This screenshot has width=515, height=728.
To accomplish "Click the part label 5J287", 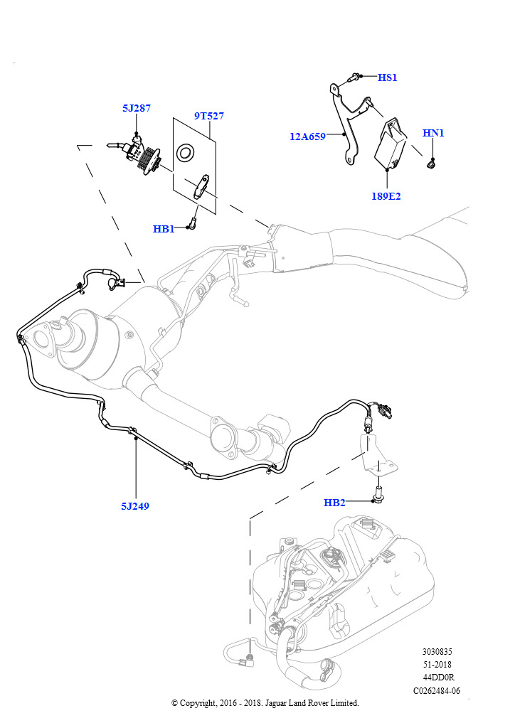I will [137, 109].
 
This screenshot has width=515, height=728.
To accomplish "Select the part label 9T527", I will [209, 116].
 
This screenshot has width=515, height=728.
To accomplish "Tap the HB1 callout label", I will [164, 229].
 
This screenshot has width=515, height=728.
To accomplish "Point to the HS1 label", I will [387, 77].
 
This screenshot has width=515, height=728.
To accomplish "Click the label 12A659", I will [307, 136].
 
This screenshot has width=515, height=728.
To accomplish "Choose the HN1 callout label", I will [433, 133].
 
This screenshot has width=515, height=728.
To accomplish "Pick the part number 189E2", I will [386, 196].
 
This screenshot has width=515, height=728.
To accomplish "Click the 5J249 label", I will [135, 506].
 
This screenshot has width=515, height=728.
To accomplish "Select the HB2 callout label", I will [334, 503].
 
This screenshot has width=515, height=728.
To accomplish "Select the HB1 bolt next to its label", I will [192, 225].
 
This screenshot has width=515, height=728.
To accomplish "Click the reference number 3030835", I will [437, 651].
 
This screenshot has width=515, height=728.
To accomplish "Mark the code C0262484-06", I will [437, 690].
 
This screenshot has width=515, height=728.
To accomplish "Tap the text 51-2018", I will [437, 665].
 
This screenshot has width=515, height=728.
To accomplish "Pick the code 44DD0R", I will [437, 678].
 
